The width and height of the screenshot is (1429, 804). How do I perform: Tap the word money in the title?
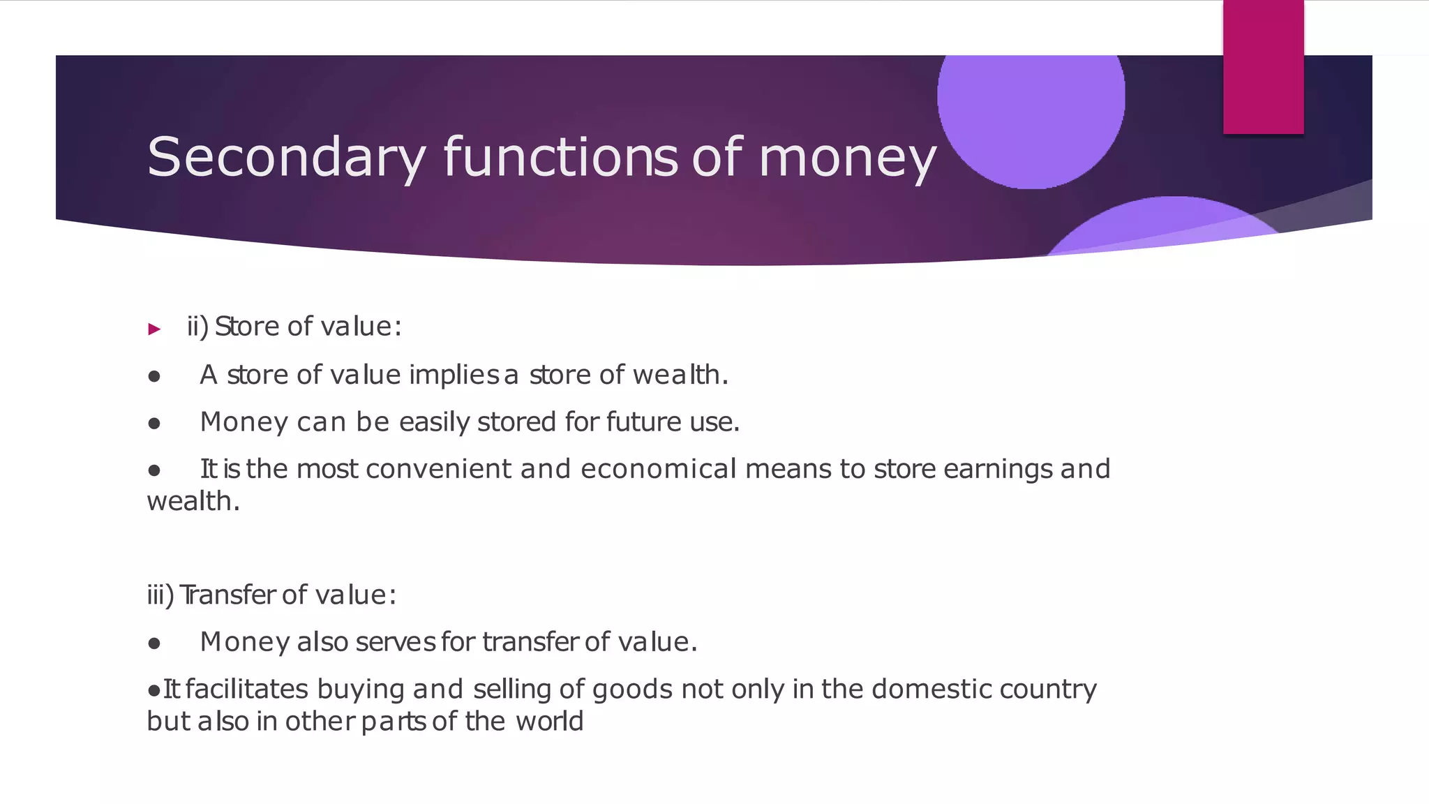847,158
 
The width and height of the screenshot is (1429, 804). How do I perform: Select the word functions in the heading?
560,156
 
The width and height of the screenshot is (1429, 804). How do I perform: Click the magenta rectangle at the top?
1263,67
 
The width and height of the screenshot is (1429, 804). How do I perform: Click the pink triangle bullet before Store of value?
155,329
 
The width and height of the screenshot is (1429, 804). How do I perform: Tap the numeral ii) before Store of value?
197,327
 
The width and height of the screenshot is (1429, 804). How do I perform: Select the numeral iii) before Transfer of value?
160,595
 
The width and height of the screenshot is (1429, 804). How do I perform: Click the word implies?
454,375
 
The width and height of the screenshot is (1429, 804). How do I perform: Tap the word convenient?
438,469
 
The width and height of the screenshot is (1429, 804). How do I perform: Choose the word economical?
658,469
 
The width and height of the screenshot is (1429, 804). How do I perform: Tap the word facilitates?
247,690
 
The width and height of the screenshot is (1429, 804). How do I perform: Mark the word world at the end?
549,722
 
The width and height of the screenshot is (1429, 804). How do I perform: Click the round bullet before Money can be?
154,424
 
